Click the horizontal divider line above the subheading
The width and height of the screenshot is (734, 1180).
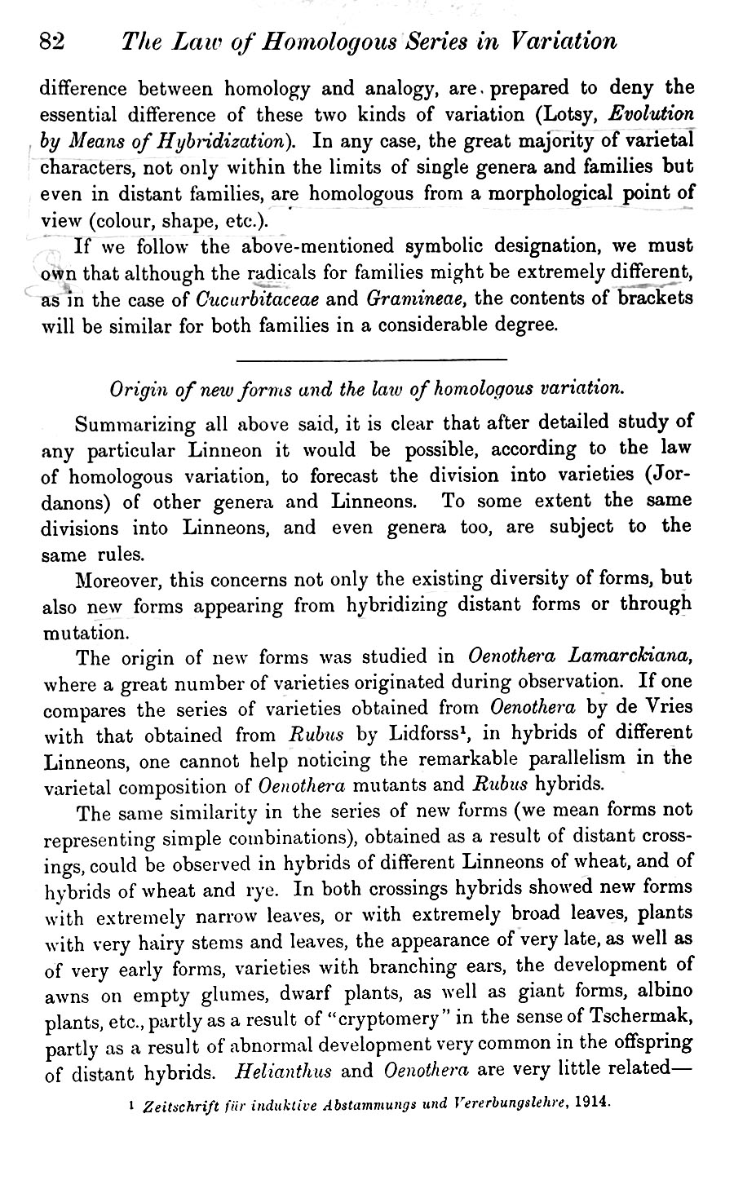pos(371,360)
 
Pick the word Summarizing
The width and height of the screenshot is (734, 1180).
pos(135,425)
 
